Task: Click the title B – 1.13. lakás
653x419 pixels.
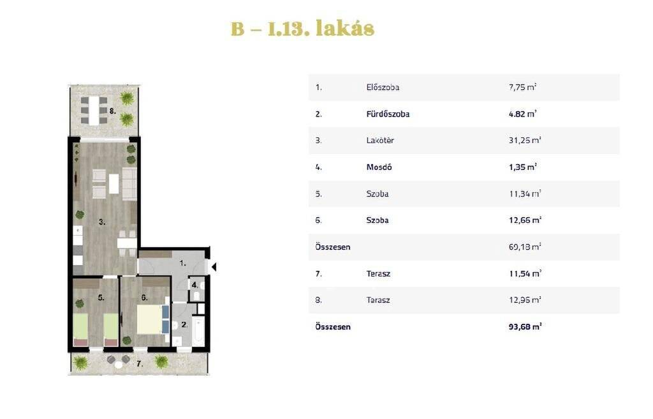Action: click(x=303, y=28)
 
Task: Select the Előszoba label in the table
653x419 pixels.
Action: click(x=383, y=88)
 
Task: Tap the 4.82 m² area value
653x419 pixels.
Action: click(x=523, y=114)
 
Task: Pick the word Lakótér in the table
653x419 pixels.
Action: click(x=380, y=141)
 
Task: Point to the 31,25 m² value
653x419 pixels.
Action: click(x=525, y=141)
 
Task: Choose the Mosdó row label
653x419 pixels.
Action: click(x=379, y=167)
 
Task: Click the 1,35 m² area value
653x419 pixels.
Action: click(x=523, y=167)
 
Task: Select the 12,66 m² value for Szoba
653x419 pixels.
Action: click(x=525, y=220)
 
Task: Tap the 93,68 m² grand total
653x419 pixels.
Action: click(x=525, y=326)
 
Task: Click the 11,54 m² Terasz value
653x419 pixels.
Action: click(x=525, y=273)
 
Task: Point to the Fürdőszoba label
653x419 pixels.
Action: click(x=388, y=114)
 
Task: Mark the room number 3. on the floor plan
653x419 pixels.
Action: click(x=102, y=222)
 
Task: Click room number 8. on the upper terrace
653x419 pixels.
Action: click(x=113, y=111)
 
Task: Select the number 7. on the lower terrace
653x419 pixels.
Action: click(x=140, y=363)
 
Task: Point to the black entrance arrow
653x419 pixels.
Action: click(x=213, y=267)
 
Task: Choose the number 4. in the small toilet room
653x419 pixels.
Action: click(x=194, y=286)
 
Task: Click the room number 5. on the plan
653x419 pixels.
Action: click(x=101, y=298)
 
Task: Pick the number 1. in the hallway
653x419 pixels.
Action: click(x=182, y=263)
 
